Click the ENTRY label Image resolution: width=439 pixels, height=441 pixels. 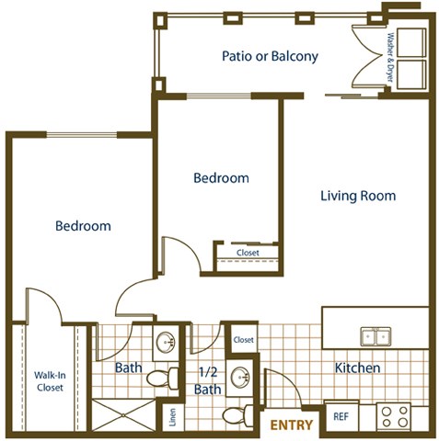tap(292, 424)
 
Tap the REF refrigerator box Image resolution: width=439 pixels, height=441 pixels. tap(341, 416)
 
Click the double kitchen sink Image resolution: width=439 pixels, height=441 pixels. tap(374, 337)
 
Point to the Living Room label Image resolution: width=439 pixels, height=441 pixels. tap(358, 196)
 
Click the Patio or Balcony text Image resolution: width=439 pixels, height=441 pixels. tap(270, 56)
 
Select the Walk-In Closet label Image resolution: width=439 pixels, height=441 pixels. tap(49, 381)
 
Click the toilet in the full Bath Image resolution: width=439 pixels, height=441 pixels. tap(167, 376)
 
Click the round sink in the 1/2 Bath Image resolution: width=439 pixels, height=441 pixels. tap(239, 377)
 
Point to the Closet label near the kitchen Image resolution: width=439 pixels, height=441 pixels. tap(243, 340)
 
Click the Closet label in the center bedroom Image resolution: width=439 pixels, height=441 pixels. tap(248, 253)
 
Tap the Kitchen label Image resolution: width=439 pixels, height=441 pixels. tap(358, 368)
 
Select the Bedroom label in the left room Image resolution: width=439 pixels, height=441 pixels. tap(83, 226)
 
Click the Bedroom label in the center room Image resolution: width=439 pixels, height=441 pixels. tap(221, 178)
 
